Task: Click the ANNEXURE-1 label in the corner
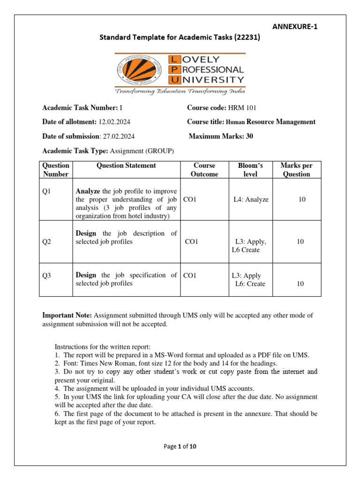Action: tap(295, 27)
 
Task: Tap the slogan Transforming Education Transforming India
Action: tap(180, 91)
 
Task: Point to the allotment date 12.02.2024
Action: tap(114, 122)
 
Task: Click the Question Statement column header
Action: tap(126, 165)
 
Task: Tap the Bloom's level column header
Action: tap(251, 170)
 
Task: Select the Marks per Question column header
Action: tap(296, 170)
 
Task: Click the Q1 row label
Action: tap(46, 191)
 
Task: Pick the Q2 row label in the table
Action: tap(46, 242)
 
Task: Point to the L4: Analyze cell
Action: tap(251, 200)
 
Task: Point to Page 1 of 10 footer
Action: tap(180, 447)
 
